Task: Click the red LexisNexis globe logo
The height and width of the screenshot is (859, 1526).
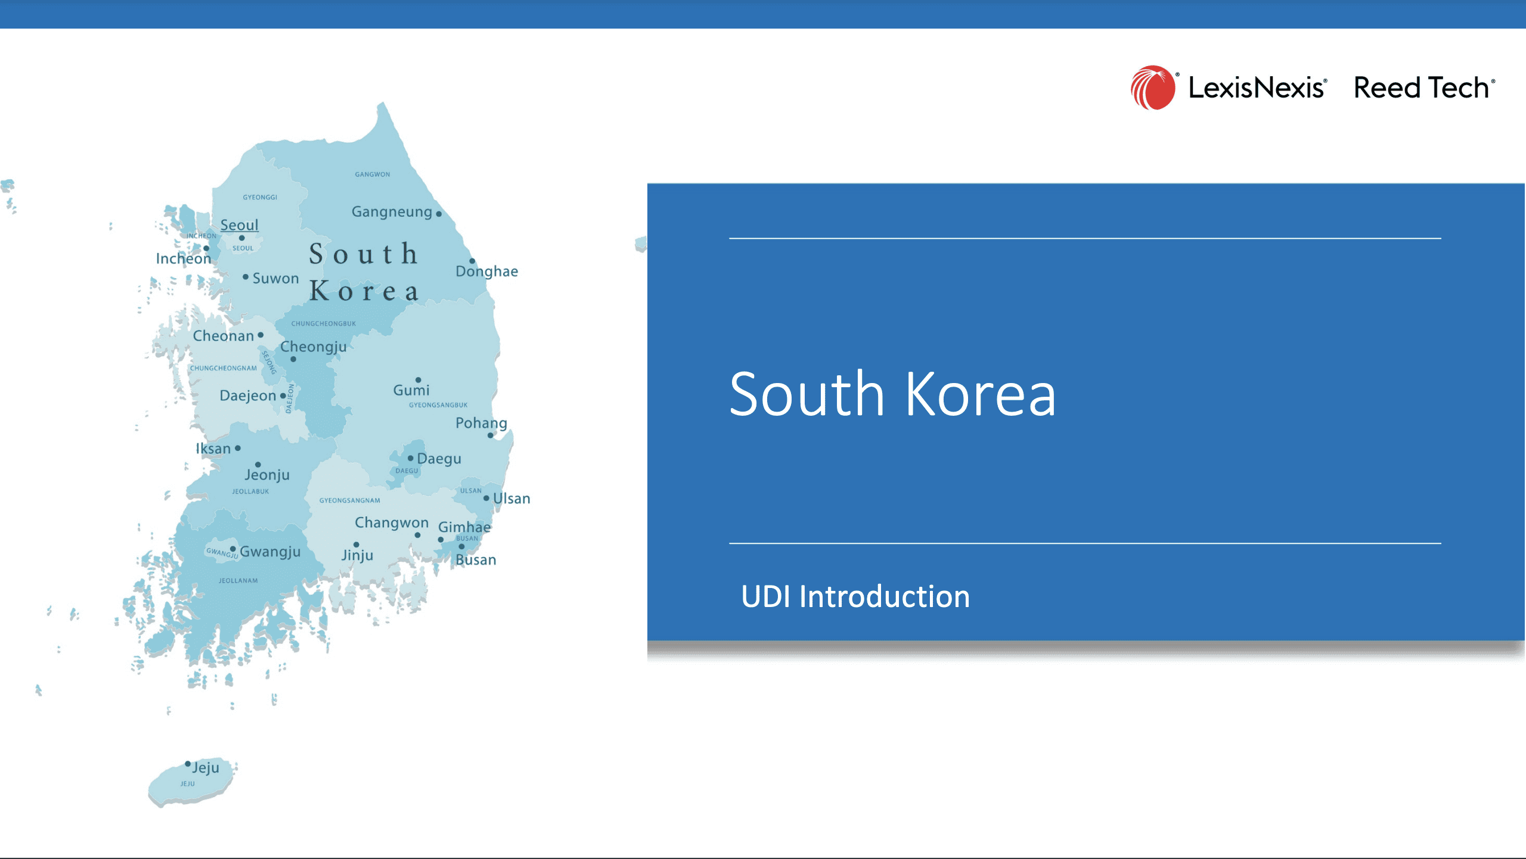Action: [1153, 88]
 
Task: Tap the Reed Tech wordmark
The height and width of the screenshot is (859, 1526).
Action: [1423, 88]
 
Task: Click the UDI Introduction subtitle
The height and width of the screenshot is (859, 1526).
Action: [855, 596]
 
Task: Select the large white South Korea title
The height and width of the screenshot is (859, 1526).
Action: [892, 394]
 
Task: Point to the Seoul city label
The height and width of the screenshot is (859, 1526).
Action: [240, 225]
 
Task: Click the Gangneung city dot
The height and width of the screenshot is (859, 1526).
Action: [439, 214]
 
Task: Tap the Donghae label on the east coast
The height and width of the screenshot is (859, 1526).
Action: [487, 271]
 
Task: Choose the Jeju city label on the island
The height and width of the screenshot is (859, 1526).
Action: [206, 767]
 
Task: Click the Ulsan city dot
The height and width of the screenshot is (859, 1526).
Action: [486, 498]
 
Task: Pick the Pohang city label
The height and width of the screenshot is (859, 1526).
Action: [481, 423]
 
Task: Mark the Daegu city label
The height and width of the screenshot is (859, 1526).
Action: [439, 459]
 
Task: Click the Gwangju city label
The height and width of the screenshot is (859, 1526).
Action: [270, 552]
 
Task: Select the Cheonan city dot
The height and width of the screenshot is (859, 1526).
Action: [260, 335]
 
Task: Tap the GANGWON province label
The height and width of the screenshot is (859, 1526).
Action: [373, 175]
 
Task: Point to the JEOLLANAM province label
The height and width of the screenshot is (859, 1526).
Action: [238, 581]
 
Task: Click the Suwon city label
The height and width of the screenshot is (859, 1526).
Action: [275, 278]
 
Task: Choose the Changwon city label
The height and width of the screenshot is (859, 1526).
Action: [392, 522]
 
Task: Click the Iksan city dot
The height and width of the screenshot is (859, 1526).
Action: [238, 448]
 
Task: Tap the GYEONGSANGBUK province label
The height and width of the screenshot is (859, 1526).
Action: [438, 405]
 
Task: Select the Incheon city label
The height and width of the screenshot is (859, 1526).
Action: [184, 259]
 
